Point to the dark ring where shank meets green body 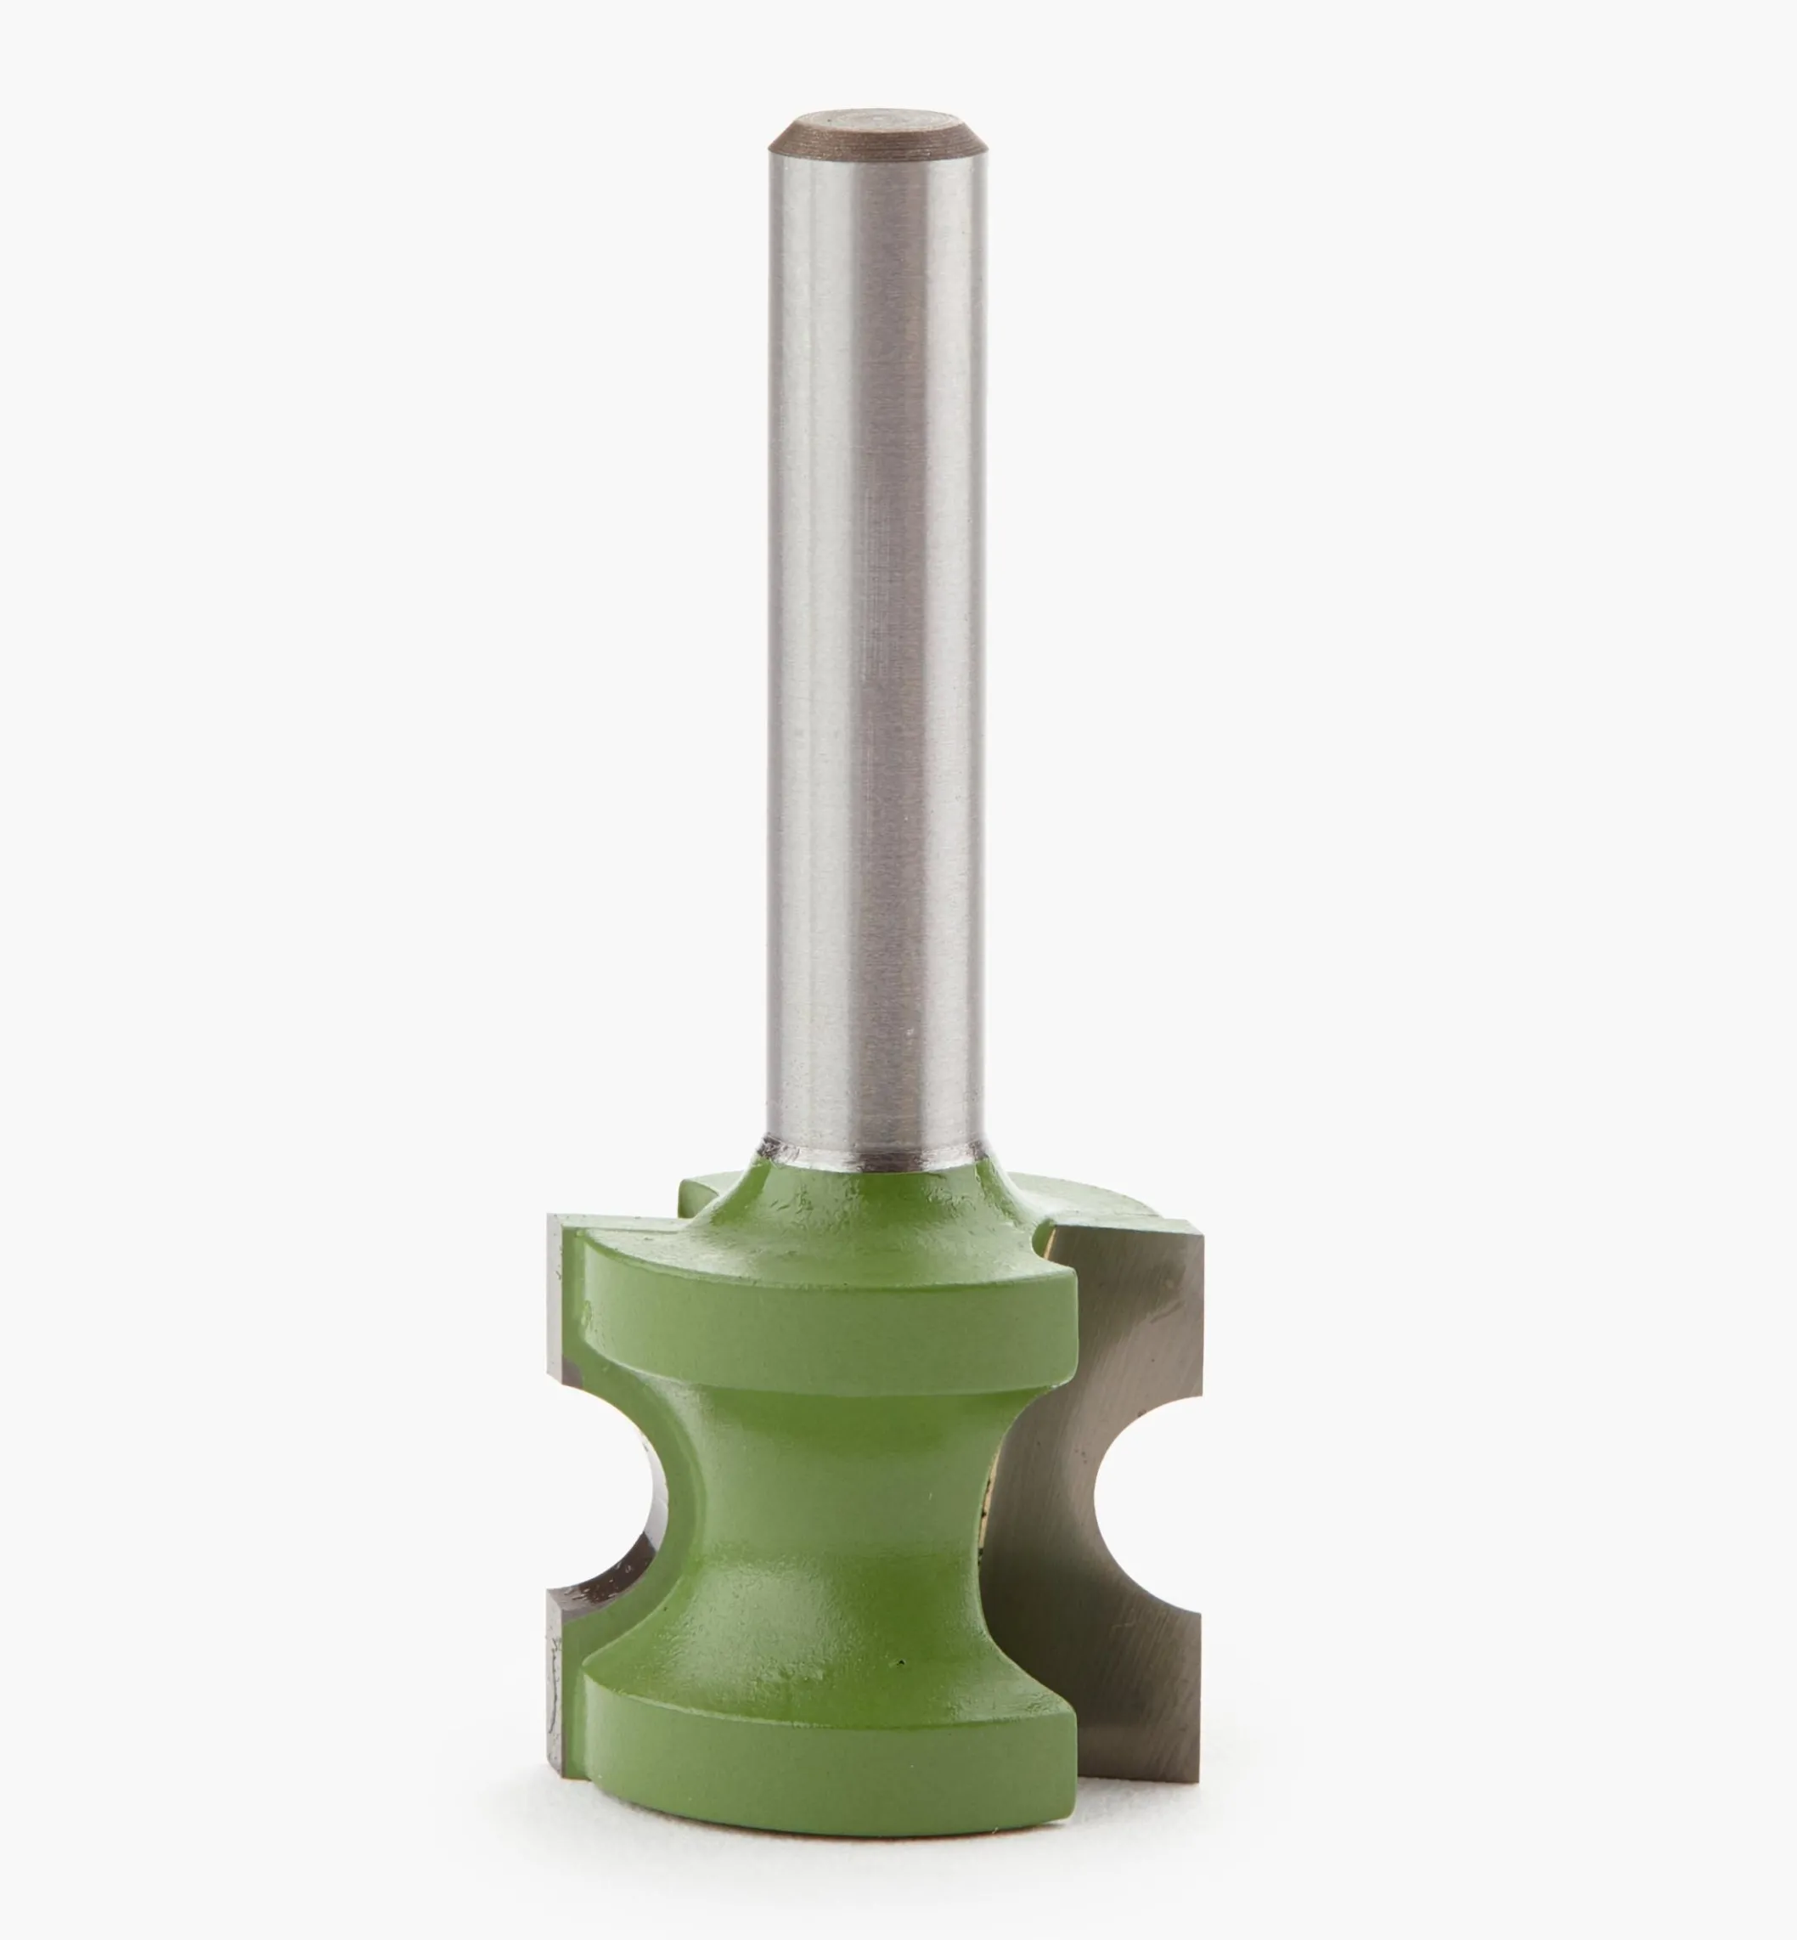(x=872, y=1157)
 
